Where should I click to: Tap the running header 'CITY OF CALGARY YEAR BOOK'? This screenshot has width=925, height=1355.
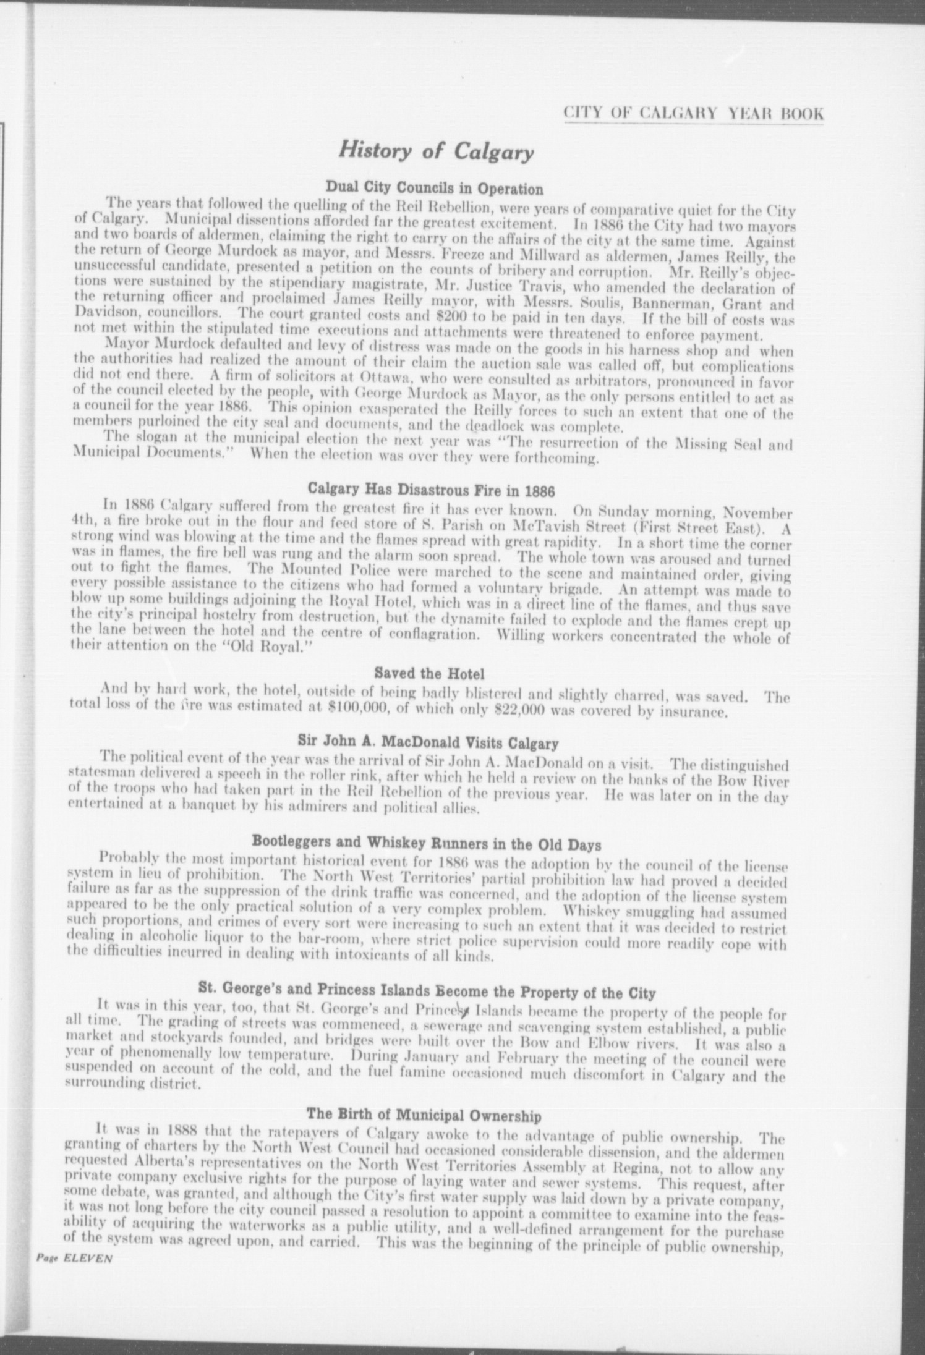pyautogui.click(x=693, y=114)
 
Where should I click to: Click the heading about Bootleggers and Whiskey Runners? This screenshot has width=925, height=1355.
pyautogui.click(x=427, y=842)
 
